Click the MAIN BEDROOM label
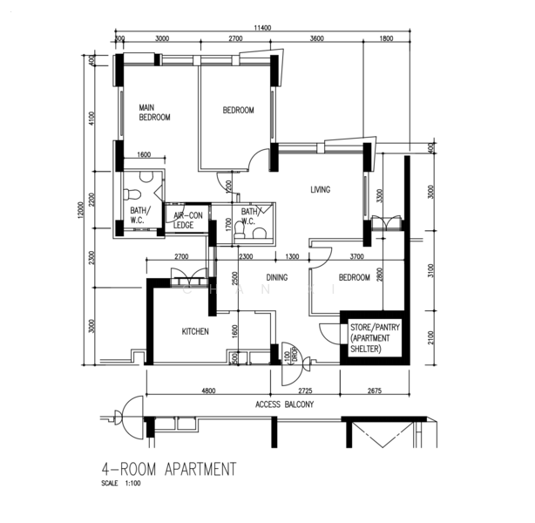point(155,112)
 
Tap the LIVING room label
point(321,189)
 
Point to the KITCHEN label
point(195,331)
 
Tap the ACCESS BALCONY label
point(285,404)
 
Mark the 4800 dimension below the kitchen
point(208,391)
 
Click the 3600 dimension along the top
point(316,39)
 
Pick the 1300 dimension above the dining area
point(292,256)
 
